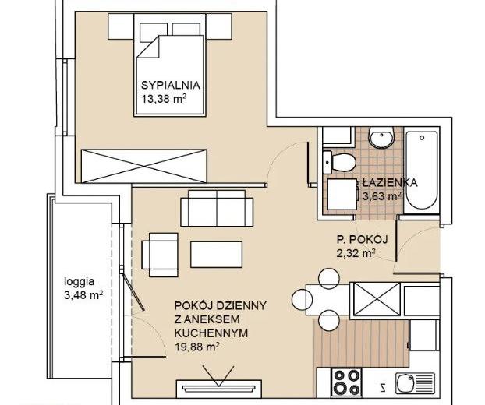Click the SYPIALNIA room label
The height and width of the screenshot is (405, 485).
pyautogui.click(x=171, y=85)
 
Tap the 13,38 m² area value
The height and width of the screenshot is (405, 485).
pyautogui.click(x=164, y=99)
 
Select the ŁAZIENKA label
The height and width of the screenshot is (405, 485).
pyautogui.click(x=390, y=183)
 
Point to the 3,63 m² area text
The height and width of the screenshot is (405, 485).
pyautogui.click(x=382, y=196)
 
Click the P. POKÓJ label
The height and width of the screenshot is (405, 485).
pyautogui.click(x=363, y=240)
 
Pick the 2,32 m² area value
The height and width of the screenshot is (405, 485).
pyautogui.click(x=356, y=253)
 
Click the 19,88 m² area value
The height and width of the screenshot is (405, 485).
pyautogui.click(x=197, y=347)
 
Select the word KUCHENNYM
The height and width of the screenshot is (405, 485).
pyautogui.click(x=211, y=333)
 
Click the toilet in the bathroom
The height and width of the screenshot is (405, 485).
pyautogui.click(x=339, y=161)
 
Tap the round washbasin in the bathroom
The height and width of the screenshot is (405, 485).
pyautogui.click(x=381, y=137)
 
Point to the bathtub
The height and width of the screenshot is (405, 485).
pyautogui.click(x=422, y=171)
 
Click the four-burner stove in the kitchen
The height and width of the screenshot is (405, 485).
pyautogui.click(x=346, y=382)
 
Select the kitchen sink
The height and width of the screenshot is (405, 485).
pyautogui.click(x=416, y=383)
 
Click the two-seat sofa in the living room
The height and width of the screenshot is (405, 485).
pyautogui.click(x=217, y=209)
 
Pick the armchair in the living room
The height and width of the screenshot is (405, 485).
pyautogui.click(x=160, y=255)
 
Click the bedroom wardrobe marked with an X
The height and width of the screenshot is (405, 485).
pyautogui.click(x=143, y=166)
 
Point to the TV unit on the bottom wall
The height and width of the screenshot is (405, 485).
pyautogui.click(x=219, y=389)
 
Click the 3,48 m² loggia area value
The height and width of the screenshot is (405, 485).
pyautogui.click(x=83, y=296)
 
